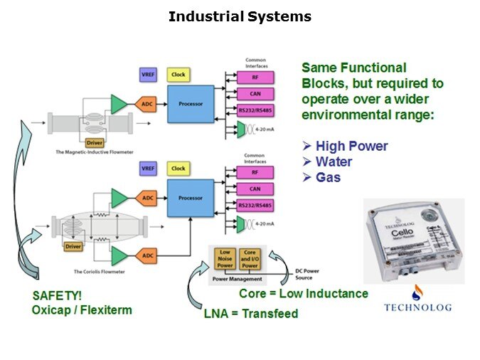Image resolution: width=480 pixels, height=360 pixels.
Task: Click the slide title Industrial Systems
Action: click(240, 16)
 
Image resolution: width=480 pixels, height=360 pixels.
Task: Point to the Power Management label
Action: click(237, 279)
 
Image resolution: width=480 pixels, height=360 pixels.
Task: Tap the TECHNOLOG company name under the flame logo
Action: click(418, 307)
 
